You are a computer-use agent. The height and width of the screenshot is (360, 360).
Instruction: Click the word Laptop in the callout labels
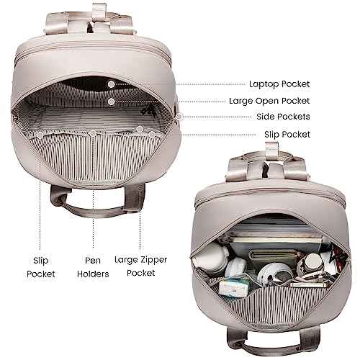[264, 84]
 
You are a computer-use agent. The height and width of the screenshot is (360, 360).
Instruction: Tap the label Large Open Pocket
[269, 101]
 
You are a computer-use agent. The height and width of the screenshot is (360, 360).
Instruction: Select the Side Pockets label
[283, 117]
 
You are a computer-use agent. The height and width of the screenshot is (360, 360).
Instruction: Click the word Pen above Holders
[93, 260]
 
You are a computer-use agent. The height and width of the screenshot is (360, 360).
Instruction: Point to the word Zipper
[153, 260]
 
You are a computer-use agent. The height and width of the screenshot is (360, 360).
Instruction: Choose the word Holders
[93, 274]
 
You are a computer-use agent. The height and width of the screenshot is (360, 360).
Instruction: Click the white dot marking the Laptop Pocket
[111, 84]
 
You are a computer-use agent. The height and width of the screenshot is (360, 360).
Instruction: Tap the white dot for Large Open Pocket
[111, 102]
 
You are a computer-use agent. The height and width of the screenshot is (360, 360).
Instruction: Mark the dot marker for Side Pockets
[179, 117]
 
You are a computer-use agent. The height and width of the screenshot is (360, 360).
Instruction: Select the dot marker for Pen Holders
[93, 133]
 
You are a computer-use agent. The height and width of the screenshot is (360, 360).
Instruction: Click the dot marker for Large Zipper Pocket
[140, 129]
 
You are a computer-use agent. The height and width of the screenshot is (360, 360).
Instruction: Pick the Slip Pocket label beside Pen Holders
[41, 267]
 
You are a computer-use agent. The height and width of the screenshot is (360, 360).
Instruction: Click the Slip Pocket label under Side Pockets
[287, 135]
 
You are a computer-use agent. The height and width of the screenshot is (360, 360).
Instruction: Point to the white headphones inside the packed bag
[274, 274]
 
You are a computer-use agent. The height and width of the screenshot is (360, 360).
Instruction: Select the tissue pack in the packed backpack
[234, 287]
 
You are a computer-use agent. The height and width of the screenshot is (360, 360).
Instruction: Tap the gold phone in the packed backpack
[310, 285]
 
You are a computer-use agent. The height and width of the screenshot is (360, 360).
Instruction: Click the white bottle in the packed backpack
[210, 260]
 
